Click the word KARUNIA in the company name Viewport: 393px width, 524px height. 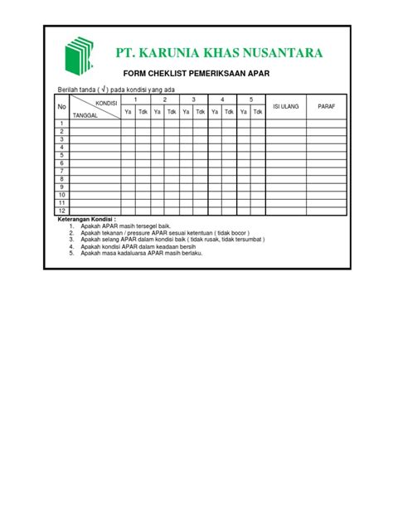(x=182, y=55)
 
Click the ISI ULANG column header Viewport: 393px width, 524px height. (x=285, y=106)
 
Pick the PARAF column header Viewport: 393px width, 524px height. (x=326, y=106)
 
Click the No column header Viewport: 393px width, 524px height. (x=61, y=107)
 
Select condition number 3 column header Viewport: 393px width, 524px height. (x=193, y=99)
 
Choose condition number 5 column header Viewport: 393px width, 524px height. (x=250, y=99)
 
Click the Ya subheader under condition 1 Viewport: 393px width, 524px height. (x=128, y=111)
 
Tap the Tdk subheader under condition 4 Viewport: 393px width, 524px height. (x=229, y=111)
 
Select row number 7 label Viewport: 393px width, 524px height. (x=61, y=172)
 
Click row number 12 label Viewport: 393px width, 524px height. (x=61, y=211)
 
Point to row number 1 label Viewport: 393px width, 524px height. (x=61, y=124)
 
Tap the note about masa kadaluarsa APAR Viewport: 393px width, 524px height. (x=142, y=253)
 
